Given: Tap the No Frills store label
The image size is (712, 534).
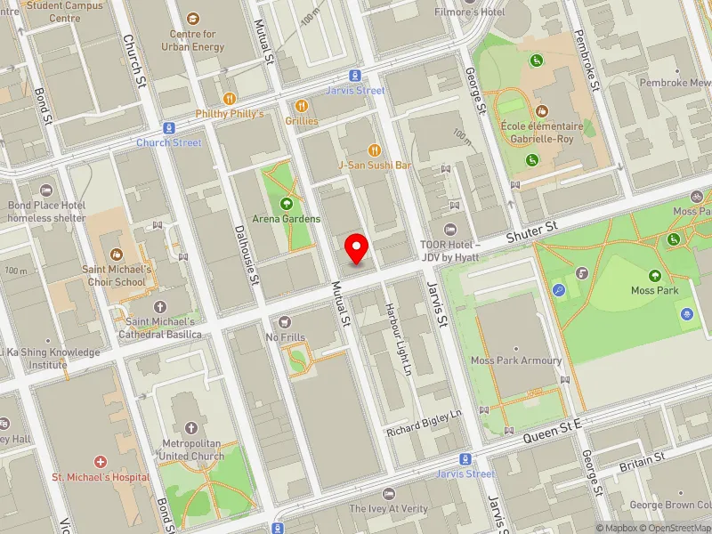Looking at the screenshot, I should point(285,337).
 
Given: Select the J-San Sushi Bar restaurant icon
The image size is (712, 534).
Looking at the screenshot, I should point(374,150).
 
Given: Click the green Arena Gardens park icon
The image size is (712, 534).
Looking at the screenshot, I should point(287,203).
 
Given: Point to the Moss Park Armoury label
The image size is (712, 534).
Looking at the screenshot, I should point(516,360).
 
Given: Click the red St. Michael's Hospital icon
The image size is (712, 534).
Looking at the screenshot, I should point(100,462).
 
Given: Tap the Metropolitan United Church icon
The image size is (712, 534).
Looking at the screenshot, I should point(191,429).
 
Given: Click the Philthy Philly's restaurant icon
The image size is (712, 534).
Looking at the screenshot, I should point(230,99).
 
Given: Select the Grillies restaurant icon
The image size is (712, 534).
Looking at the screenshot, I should point(303,105).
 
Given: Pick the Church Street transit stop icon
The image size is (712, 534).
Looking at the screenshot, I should point(168,128).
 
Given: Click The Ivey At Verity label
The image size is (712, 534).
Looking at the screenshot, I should point(388,508).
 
